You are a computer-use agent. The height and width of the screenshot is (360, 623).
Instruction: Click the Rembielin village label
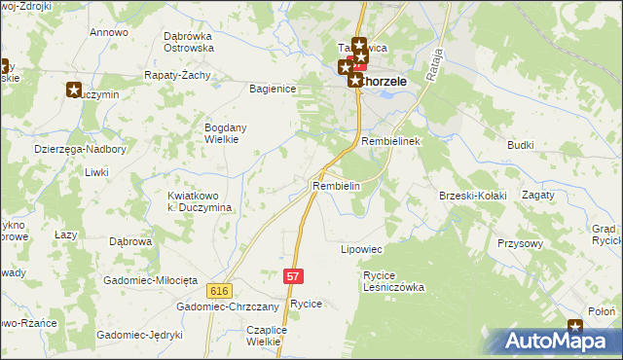pos(337,186)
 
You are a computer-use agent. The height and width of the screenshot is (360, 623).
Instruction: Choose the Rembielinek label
pos(389,141)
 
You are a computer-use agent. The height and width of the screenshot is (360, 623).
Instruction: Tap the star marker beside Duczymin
pos(75,90)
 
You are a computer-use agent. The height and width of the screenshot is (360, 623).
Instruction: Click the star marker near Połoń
pos(575,328)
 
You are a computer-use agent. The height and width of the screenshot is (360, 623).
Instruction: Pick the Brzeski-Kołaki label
pos(473,196)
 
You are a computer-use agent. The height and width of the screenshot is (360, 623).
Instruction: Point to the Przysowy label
pos(519,243)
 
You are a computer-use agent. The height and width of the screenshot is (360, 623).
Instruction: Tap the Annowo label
pos(109,32)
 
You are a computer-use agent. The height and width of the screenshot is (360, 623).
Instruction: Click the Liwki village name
pos(95,172)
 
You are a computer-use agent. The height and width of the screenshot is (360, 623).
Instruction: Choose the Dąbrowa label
pos(128,241)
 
